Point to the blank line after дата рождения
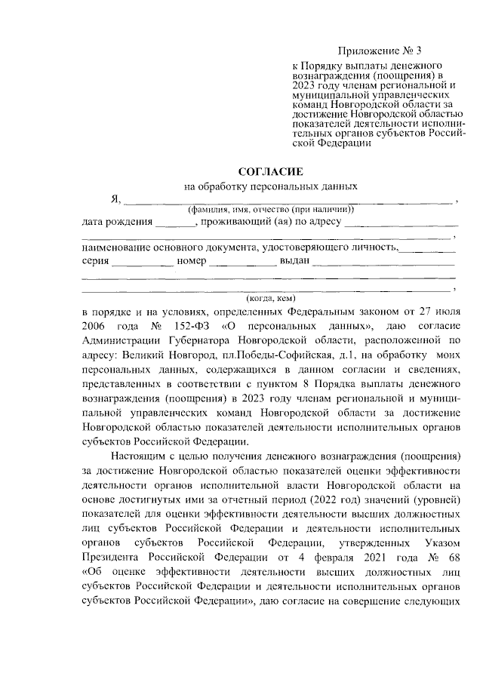point(175,226)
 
